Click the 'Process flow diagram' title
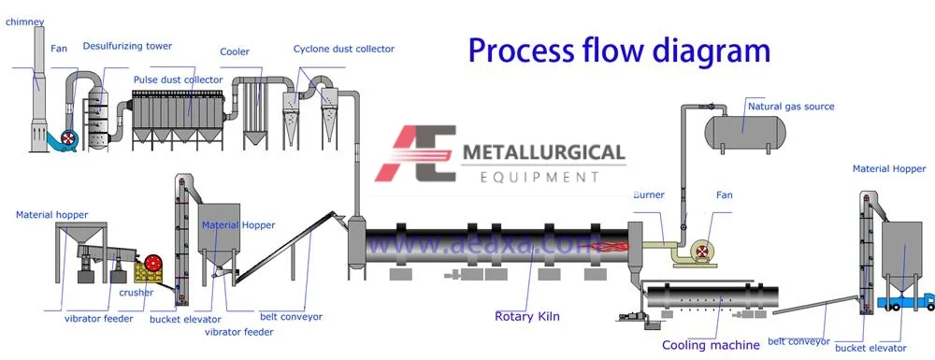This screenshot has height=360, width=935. [x=619, y=50]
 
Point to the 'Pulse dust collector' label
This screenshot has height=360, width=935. [x=178, y=80]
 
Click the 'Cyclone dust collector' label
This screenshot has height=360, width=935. [x=344, y=49]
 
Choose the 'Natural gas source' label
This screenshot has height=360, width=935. [x=790, y=107]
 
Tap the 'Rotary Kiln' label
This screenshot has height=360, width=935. [x=527, y=317]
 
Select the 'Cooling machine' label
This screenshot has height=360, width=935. [x=711, y=345]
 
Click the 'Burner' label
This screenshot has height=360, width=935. [x=648, y=195]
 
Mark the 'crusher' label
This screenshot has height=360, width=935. [x=136, y=293]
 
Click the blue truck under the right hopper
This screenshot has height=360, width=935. [x=906, y=301]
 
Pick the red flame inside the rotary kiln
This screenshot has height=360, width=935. [x=611, y=248]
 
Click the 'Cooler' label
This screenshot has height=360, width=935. [x=234, y=51]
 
